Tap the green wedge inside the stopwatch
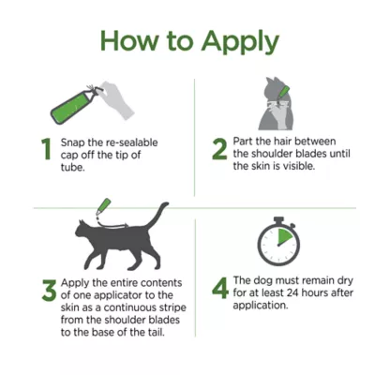[x=286, y=237]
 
